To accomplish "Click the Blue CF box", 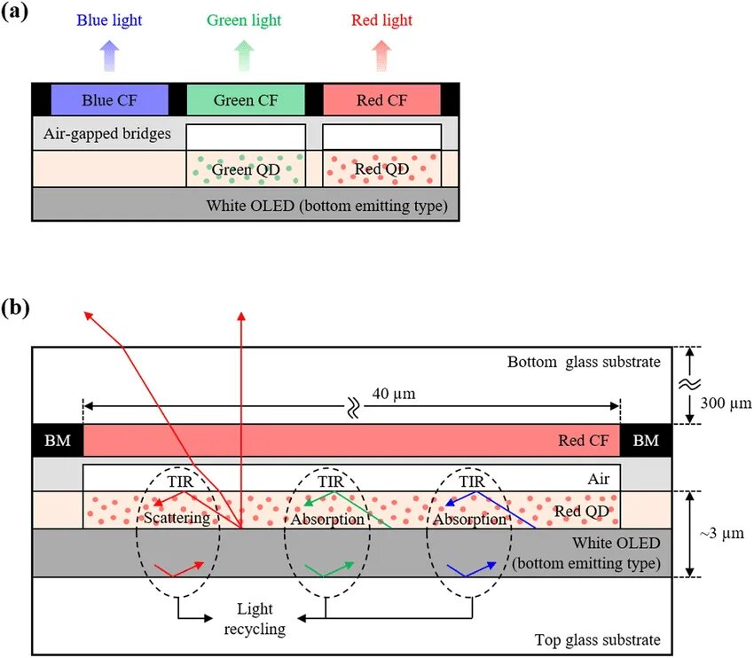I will [x=110, y=99].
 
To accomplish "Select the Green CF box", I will [x=246, y=99].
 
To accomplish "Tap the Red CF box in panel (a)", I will [x=381, y=99].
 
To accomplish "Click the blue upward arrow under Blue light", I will [x=109, y=55].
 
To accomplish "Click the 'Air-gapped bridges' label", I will [x=106, y=136].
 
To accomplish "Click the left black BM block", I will [x=57, y=440].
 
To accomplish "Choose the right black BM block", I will [x=647, y=440].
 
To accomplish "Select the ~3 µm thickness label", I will [x=719, y=534].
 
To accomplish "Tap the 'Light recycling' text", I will [x=261, y=619].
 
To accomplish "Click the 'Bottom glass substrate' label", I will [x=584, y=362].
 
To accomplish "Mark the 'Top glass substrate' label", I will [x=597, y=640].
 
